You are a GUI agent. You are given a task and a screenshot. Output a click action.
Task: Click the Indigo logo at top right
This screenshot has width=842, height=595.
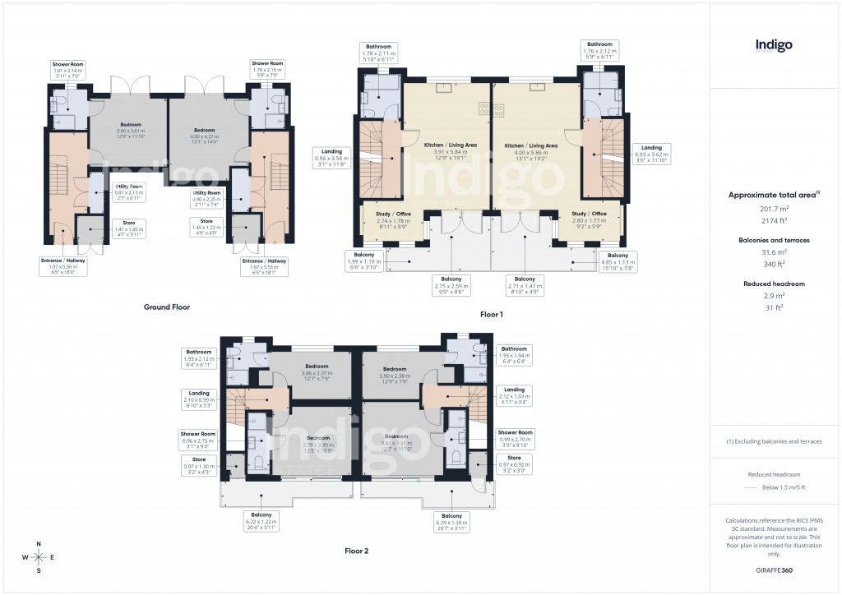(x=774, y=45)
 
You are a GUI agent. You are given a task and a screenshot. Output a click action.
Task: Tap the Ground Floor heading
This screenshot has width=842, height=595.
(x=167, y=307)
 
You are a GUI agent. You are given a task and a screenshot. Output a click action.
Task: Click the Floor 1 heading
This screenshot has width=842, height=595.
(x=491, y=314)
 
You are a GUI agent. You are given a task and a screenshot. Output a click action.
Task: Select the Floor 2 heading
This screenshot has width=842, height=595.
(x=356, y=551)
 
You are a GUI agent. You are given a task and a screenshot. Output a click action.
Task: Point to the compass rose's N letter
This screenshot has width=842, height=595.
(x=39, y=544)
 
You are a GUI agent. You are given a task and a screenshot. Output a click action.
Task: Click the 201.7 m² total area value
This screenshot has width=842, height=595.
(x=775, y=209)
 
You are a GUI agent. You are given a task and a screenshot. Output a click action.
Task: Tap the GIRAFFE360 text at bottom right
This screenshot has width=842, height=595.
(x=775, y=570)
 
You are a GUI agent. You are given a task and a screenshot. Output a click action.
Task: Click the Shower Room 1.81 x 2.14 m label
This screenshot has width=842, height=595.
(x=67, y=69)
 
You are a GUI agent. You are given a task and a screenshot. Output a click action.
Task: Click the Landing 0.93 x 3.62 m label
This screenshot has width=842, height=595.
(x=653, y=152)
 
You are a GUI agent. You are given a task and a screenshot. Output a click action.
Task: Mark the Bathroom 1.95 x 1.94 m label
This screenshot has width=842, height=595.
(x=514, y=354)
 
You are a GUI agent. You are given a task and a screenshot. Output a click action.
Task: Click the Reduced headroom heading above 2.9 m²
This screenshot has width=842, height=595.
(x=775, y=284)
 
